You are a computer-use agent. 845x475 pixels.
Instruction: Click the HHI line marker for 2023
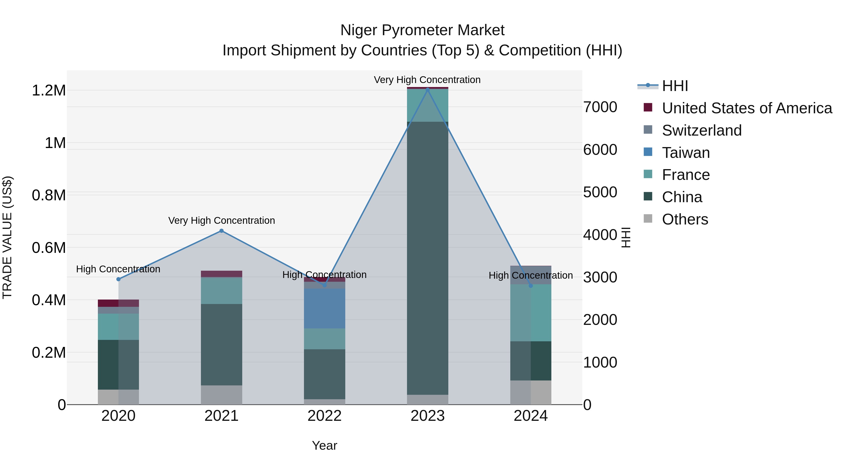427,89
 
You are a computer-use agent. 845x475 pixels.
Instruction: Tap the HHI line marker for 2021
221,231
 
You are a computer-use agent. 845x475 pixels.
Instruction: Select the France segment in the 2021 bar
221,291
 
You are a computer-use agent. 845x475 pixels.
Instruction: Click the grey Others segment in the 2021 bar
221,395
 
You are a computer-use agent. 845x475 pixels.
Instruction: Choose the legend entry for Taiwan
686,153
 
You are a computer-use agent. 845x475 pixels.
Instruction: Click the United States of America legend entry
747,108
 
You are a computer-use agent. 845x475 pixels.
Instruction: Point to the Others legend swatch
648,218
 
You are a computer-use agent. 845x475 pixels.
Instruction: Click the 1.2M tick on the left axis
49,91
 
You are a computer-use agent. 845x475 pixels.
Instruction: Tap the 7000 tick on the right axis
600,107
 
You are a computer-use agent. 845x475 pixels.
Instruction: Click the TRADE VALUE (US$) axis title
7,237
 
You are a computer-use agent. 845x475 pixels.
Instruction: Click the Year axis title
324,445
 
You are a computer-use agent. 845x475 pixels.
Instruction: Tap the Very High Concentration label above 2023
427,80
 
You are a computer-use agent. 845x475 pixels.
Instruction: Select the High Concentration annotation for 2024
530,275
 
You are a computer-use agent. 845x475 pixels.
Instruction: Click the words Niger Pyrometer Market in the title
422,30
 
